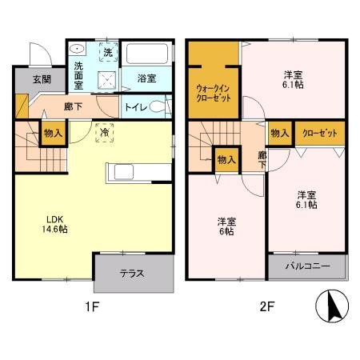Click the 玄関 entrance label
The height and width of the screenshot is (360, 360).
[x=42, y=79]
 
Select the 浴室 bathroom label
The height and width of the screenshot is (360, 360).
[x=146, y=78]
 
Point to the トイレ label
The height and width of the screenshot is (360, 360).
[x=135, y=106]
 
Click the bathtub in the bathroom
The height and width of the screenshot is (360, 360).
[x=147, y=57]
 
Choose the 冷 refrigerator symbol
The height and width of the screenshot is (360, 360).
[x=105, y=133]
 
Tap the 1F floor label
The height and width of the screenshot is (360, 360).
[x=94, y=306]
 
